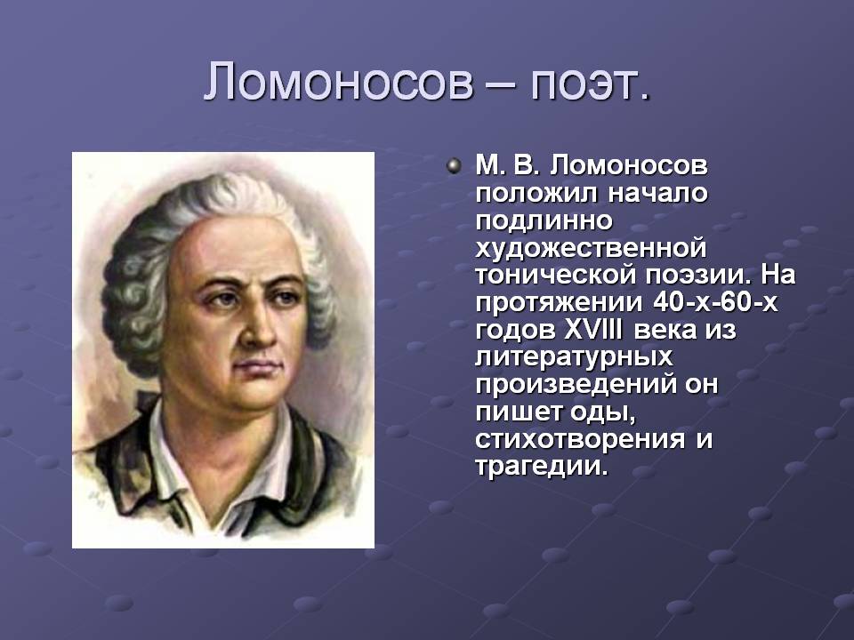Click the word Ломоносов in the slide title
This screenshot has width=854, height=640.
(x=338, y=82)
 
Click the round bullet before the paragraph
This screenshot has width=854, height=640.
(x=453, y=165)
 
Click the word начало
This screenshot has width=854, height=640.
(x=657, y=193)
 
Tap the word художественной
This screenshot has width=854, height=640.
(x=591, y=249)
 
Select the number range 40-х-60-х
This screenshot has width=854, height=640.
(x=715, y=302)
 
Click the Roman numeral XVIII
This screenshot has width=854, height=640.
(x=592, y=330)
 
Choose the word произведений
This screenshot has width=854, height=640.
(x=576, y=385)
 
